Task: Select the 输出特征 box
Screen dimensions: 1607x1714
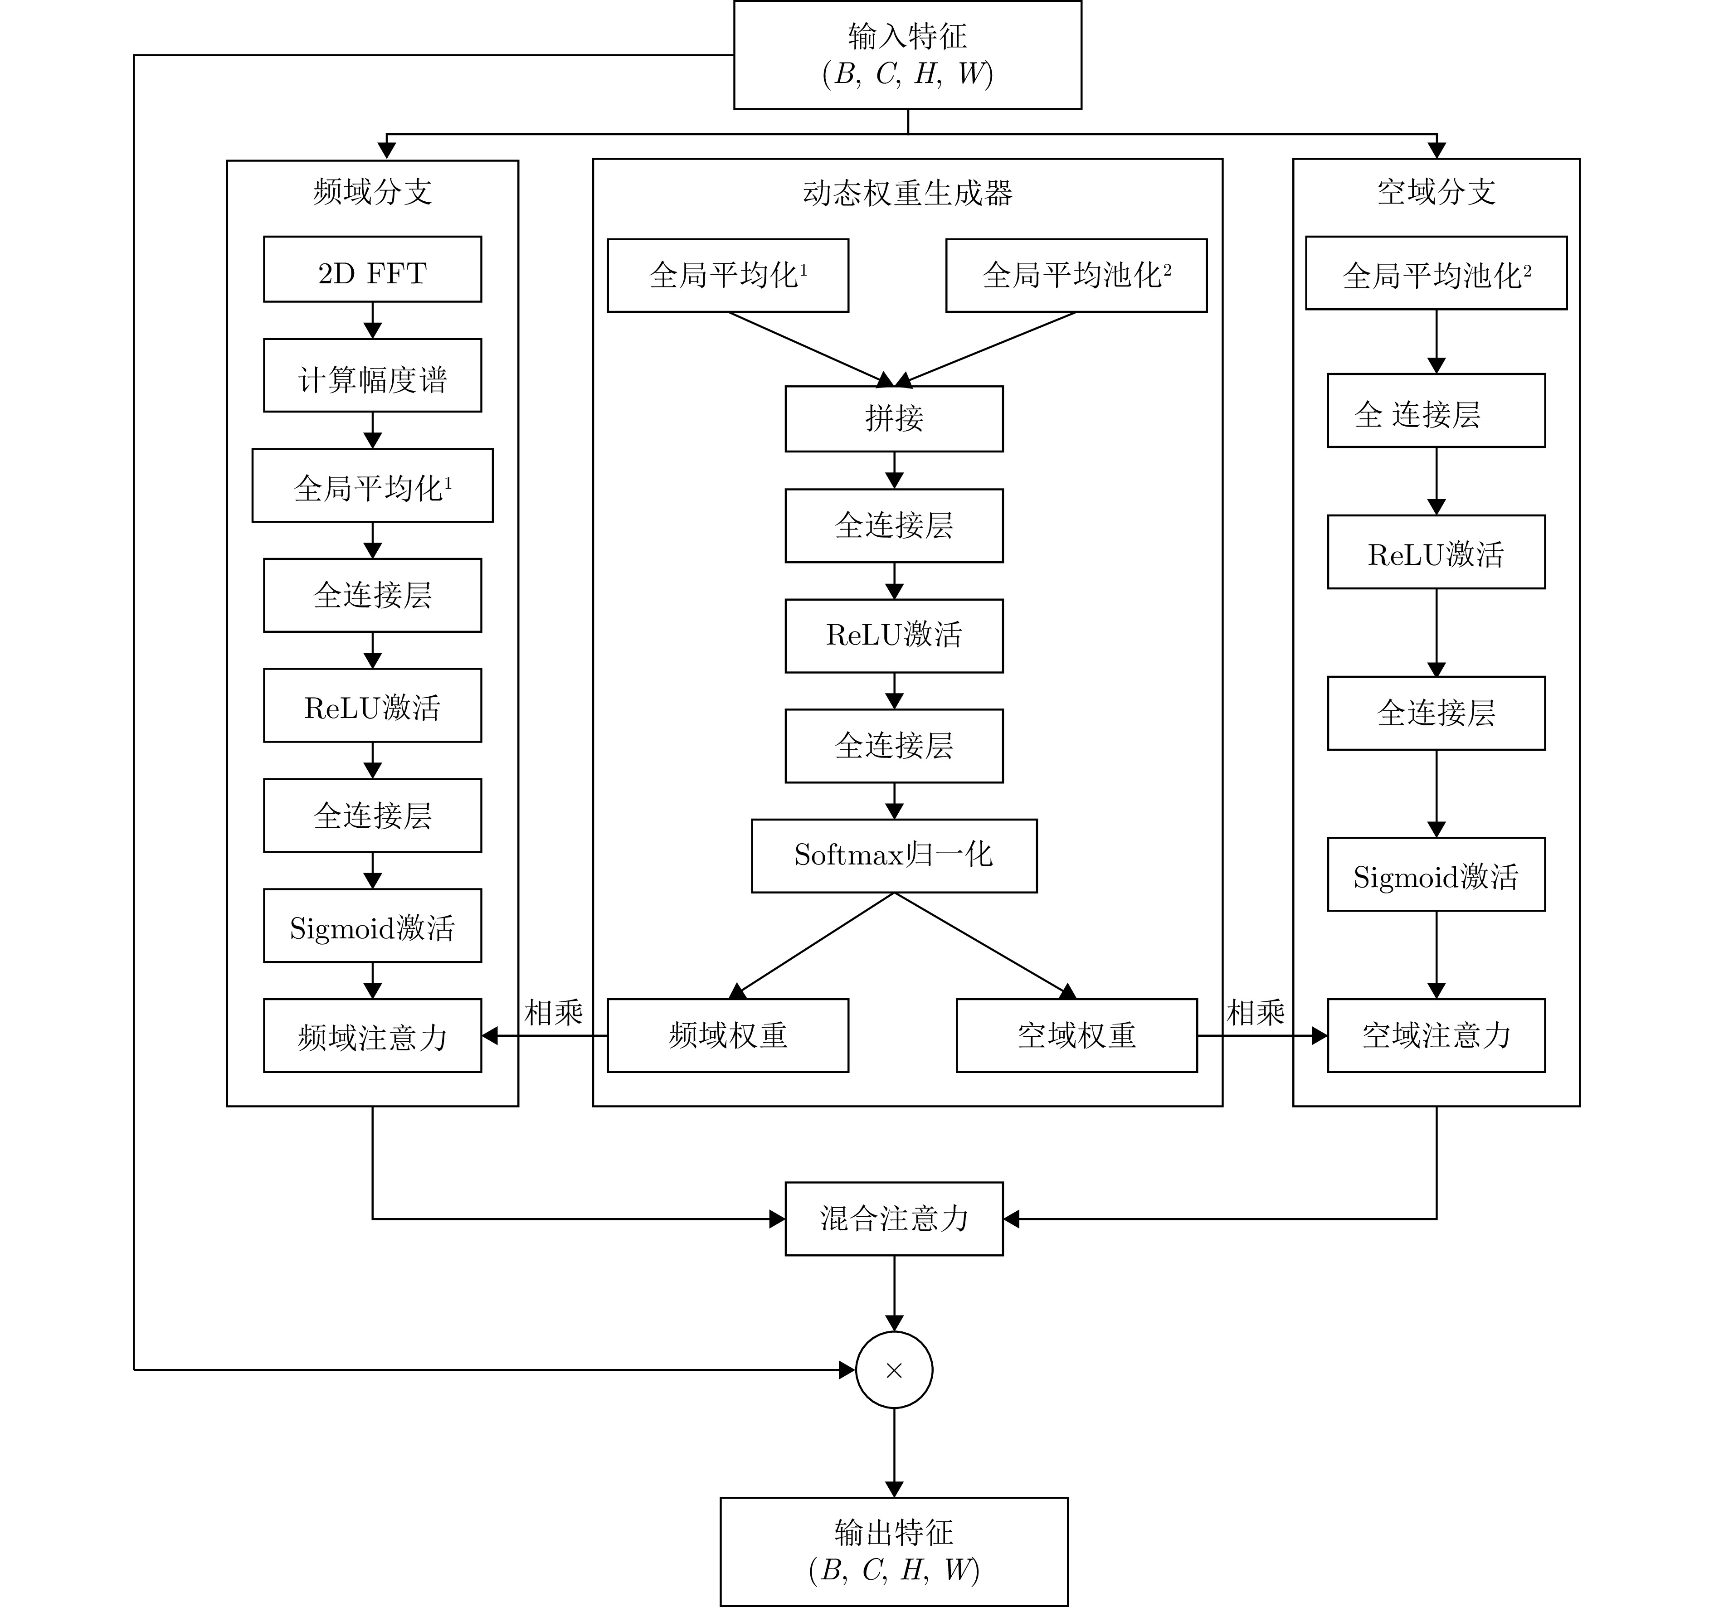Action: point(894,1552)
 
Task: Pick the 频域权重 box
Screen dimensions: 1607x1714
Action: point(728,1035)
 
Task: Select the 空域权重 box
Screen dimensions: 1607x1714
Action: point(1077,1035)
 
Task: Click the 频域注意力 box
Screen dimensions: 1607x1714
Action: point(372,1035)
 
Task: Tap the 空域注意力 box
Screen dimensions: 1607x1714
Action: point(1436,1035)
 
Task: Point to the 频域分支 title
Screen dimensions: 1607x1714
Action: point(372,191)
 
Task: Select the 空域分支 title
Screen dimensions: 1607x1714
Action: point(1436,191)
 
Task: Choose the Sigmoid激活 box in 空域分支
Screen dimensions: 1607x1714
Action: point(1436,875)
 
